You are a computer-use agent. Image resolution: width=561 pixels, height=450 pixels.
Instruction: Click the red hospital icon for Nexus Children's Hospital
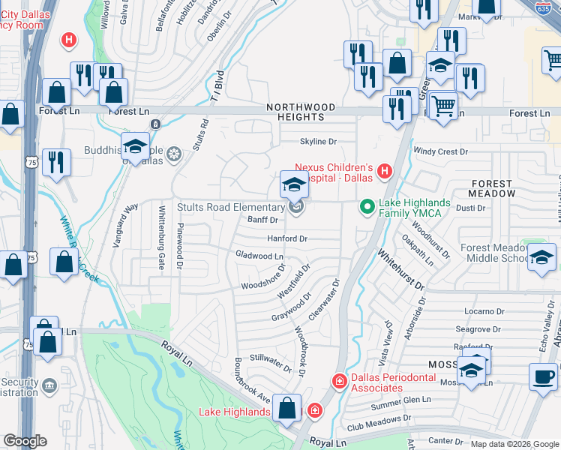point(385,172)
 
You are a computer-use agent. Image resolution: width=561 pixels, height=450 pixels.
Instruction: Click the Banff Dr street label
point(262,220)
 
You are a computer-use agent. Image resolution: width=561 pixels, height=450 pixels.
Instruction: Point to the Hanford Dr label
point(288,238)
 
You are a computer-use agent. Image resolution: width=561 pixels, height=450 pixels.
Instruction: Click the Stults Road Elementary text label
point(229,207)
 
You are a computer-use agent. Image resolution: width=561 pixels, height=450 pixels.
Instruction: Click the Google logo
point(25,441)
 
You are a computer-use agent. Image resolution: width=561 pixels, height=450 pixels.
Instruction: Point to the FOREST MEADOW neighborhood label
point(493,188)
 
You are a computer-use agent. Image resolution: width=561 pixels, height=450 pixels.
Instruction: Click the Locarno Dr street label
point(484,311)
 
